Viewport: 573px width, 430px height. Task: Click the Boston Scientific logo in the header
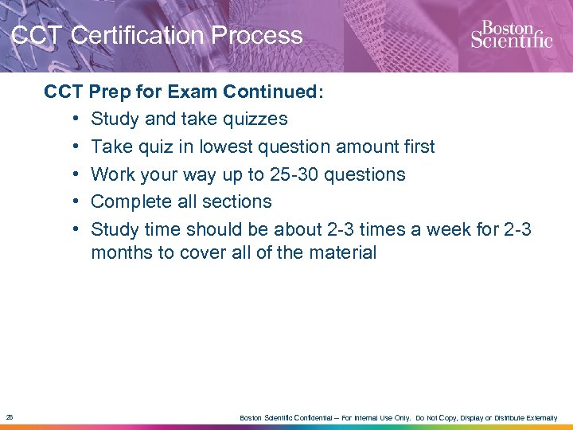pos(511,35)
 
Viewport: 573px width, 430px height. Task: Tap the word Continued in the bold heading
pos(271,92)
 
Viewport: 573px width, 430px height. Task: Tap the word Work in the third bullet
pos(111,174)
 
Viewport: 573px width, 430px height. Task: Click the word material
pos(344,252)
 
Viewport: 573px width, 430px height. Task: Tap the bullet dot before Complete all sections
pos(73,202)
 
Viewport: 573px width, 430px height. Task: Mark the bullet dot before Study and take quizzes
pos(73,119)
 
